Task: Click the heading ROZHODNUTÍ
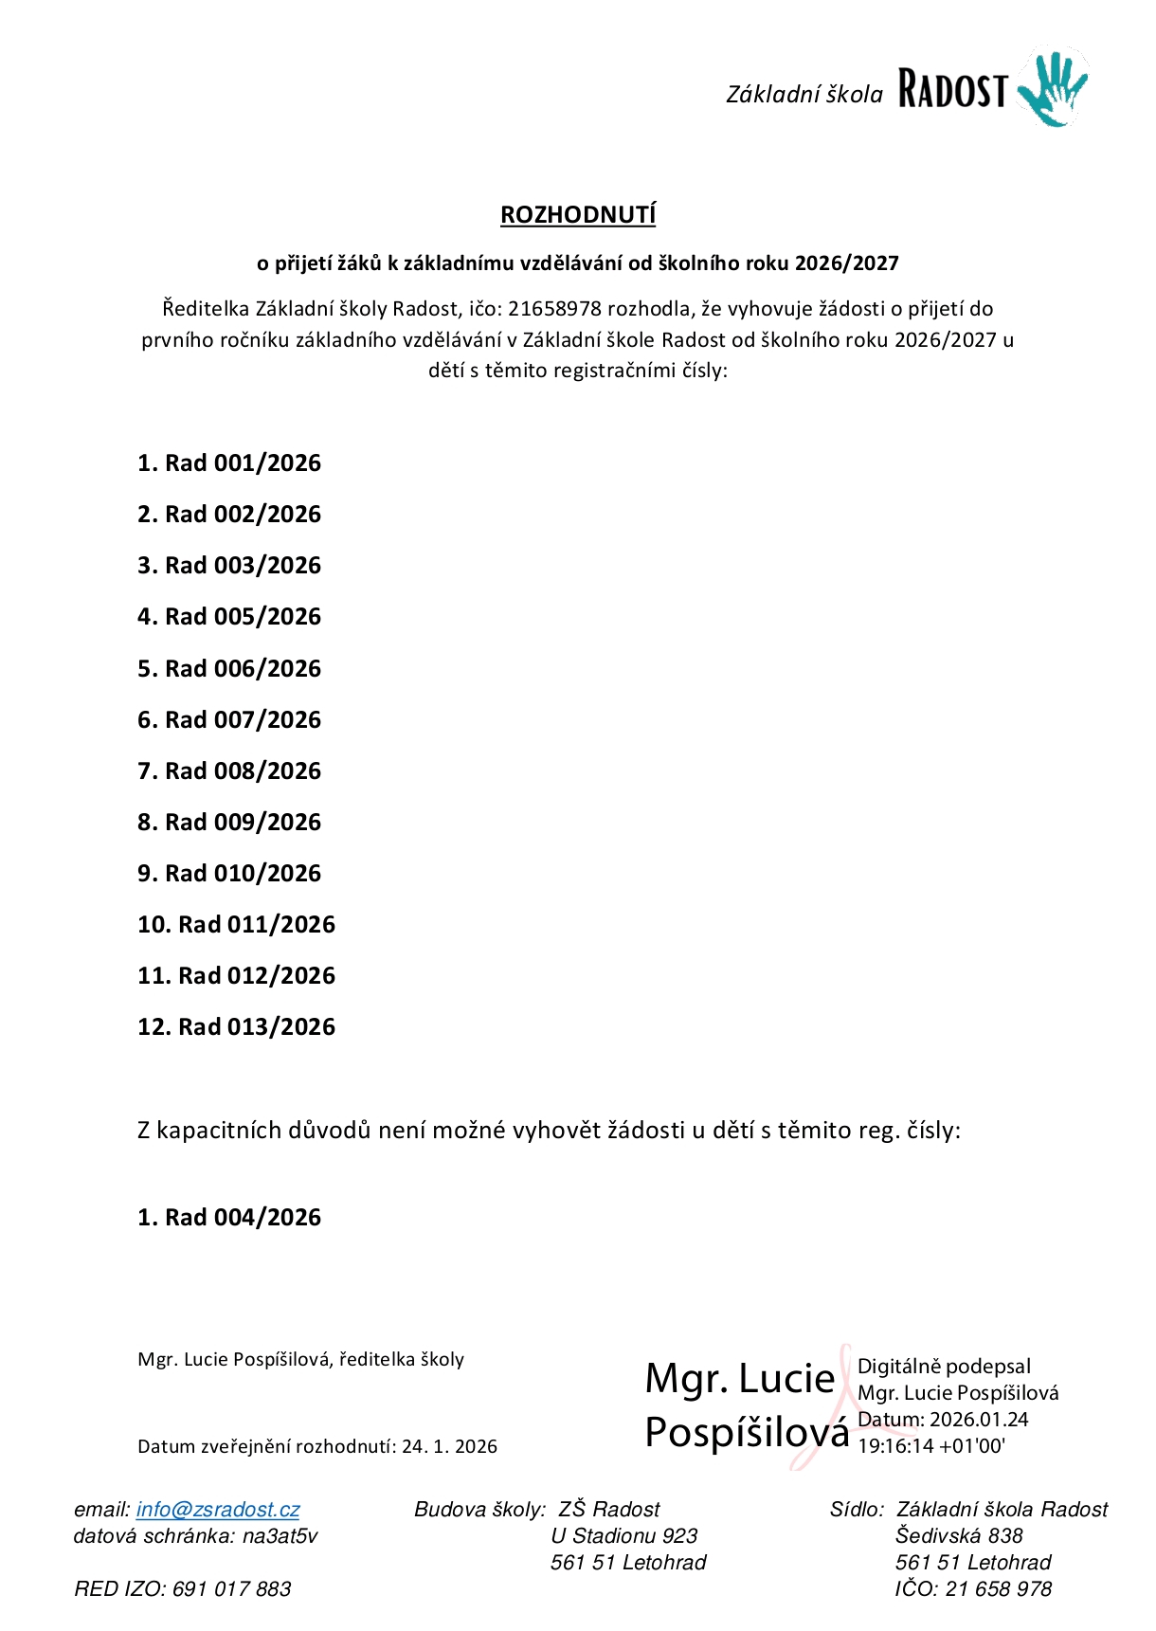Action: pyautogui.click(x=578, y=215)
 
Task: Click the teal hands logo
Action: pyautogui.click(x=1053, y=90)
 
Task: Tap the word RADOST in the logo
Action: pyautogui.click(x=951, y=91)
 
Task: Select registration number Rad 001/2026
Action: pyautogui.click(x=243, y=463)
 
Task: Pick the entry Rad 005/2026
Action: pyautogui.click(x=243, y=617)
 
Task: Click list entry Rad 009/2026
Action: pyautogui.click(x=243, y=823)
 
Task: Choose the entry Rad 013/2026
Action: pyautogui.click(x=257, y=1027)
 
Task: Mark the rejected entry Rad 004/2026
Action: pyautogui.click(x=243, y=1218)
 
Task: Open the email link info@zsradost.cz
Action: pyautogui.click(x=218, y=1510)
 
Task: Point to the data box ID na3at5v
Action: pyautogui.click(x=280, y=1536)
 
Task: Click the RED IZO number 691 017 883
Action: pyautogui.click(x=232, y=1589)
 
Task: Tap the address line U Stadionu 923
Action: pyautogui.click(x=624, y=1536)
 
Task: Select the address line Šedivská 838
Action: pyautogui.click(x=959, y=1536)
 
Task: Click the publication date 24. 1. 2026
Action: pyautogui.click(x=449, y=1447)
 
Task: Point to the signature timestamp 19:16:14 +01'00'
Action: pyautogui.click(x=930, y=1447)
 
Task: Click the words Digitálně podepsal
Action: pyautogui.click(x=944, y=1367)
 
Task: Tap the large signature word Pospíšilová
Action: pyautogui.click(x=747, y=1432)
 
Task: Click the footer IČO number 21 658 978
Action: pyautogui.click(x=999, y=1589)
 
